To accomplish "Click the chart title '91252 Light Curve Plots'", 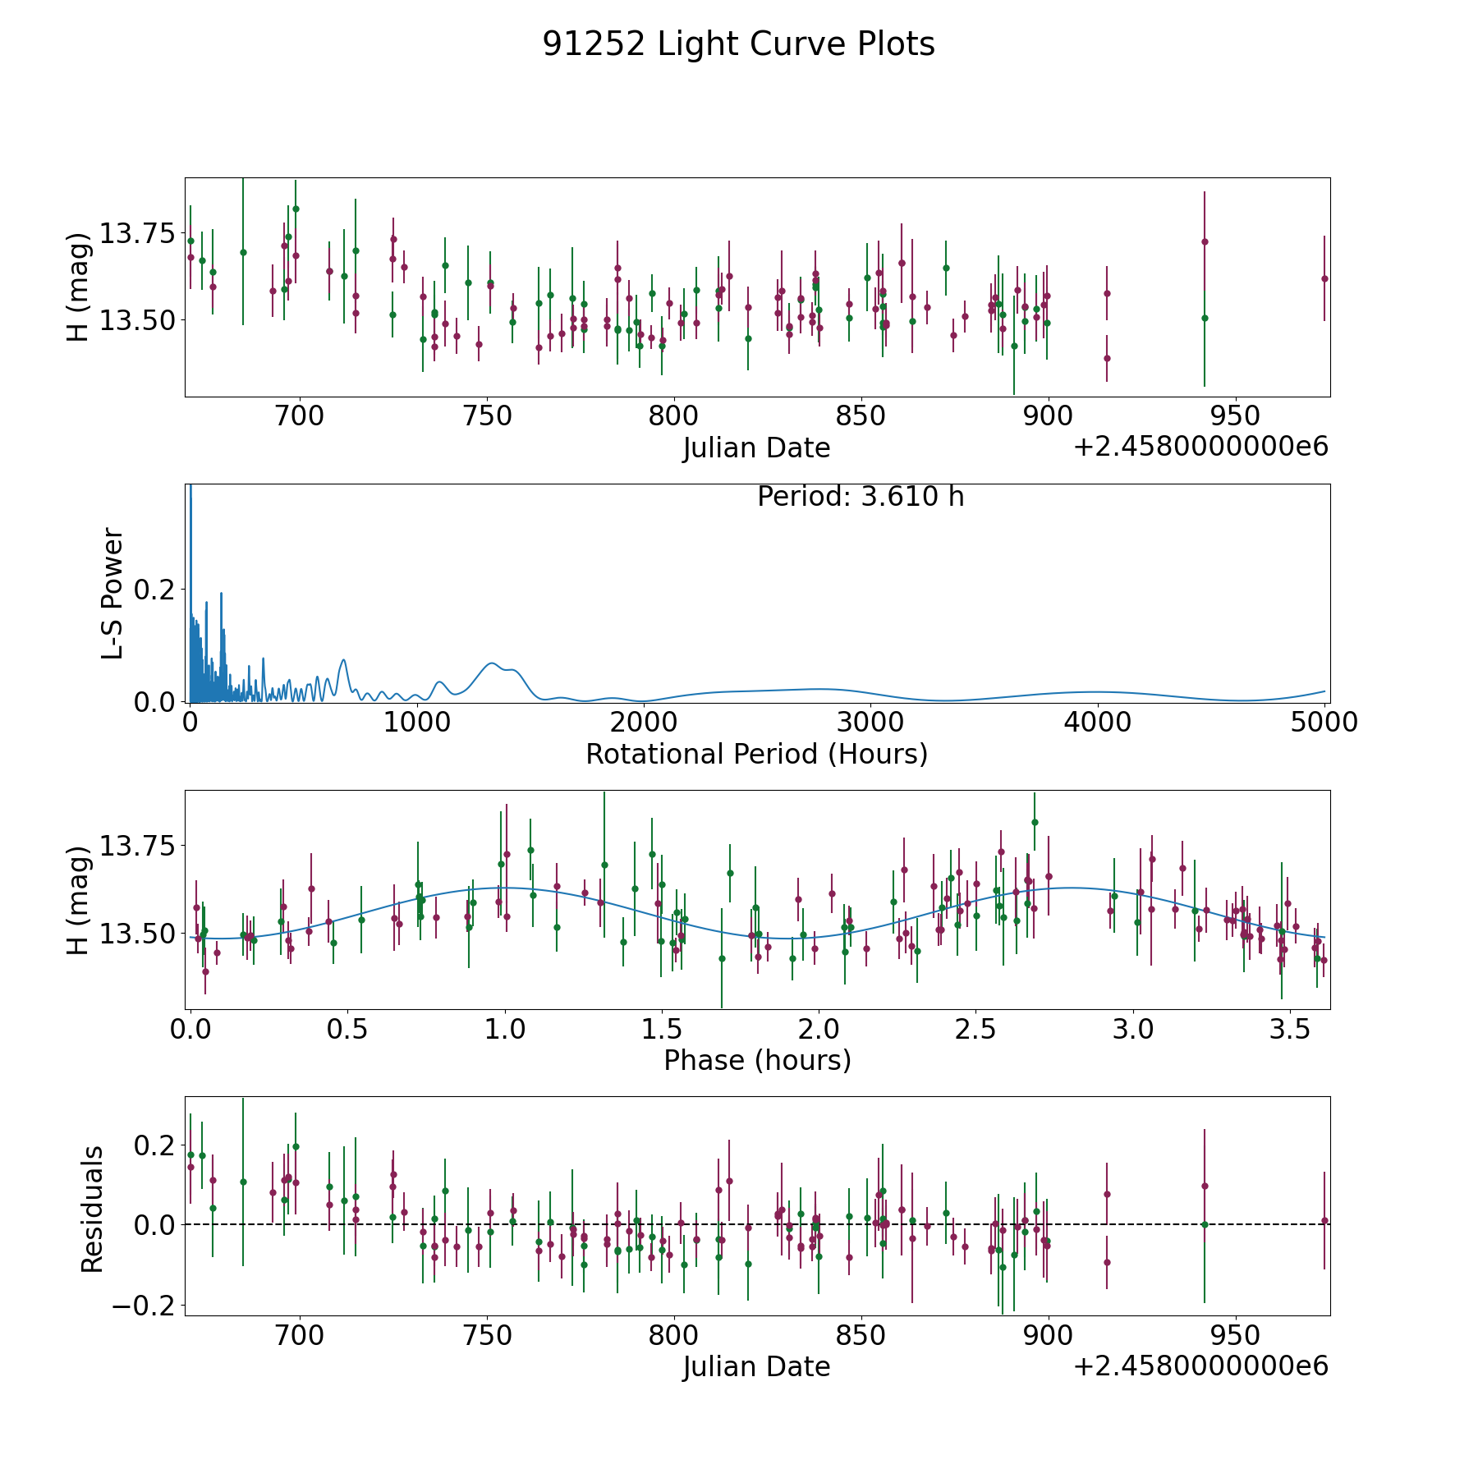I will coord(738,44).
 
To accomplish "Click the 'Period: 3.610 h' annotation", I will coord(861,497).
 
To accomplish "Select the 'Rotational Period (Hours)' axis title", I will coord(756,754).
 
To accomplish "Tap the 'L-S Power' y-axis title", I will coord(112,594).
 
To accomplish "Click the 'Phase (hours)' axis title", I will coord(757,1060).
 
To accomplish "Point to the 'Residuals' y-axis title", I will coord(92,1209).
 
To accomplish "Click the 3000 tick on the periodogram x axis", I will coord(870,723).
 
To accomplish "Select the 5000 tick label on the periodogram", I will coord(1324,723).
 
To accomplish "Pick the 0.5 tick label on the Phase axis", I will coord(347,1029).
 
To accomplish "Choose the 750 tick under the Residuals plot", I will coord(487,1335).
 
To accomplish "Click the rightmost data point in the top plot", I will coord(1324,278).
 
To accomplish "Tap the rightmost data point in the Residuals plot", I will coord(1324,1220).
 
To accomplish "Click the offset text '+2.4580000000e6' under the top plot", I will coord(1200,447).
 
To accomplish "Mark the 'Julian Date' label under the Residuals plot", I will coord(756,1367).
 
